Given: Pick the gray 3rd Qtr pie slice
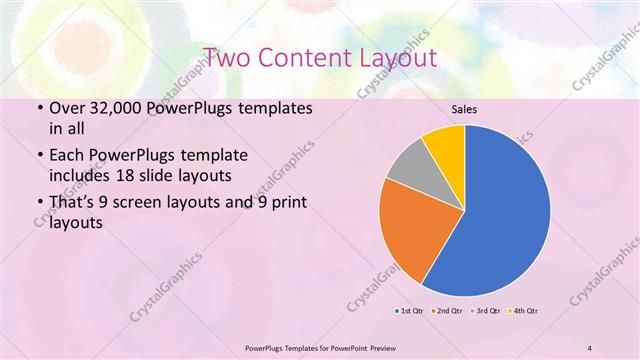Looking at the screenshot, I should (408, 168).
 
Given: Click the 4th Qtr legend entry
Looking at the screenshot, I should (524, 311).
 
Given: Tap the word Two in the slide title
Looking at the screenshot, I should (227, 57).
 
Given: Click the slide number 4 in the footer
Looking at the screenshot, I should (590, 346).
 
